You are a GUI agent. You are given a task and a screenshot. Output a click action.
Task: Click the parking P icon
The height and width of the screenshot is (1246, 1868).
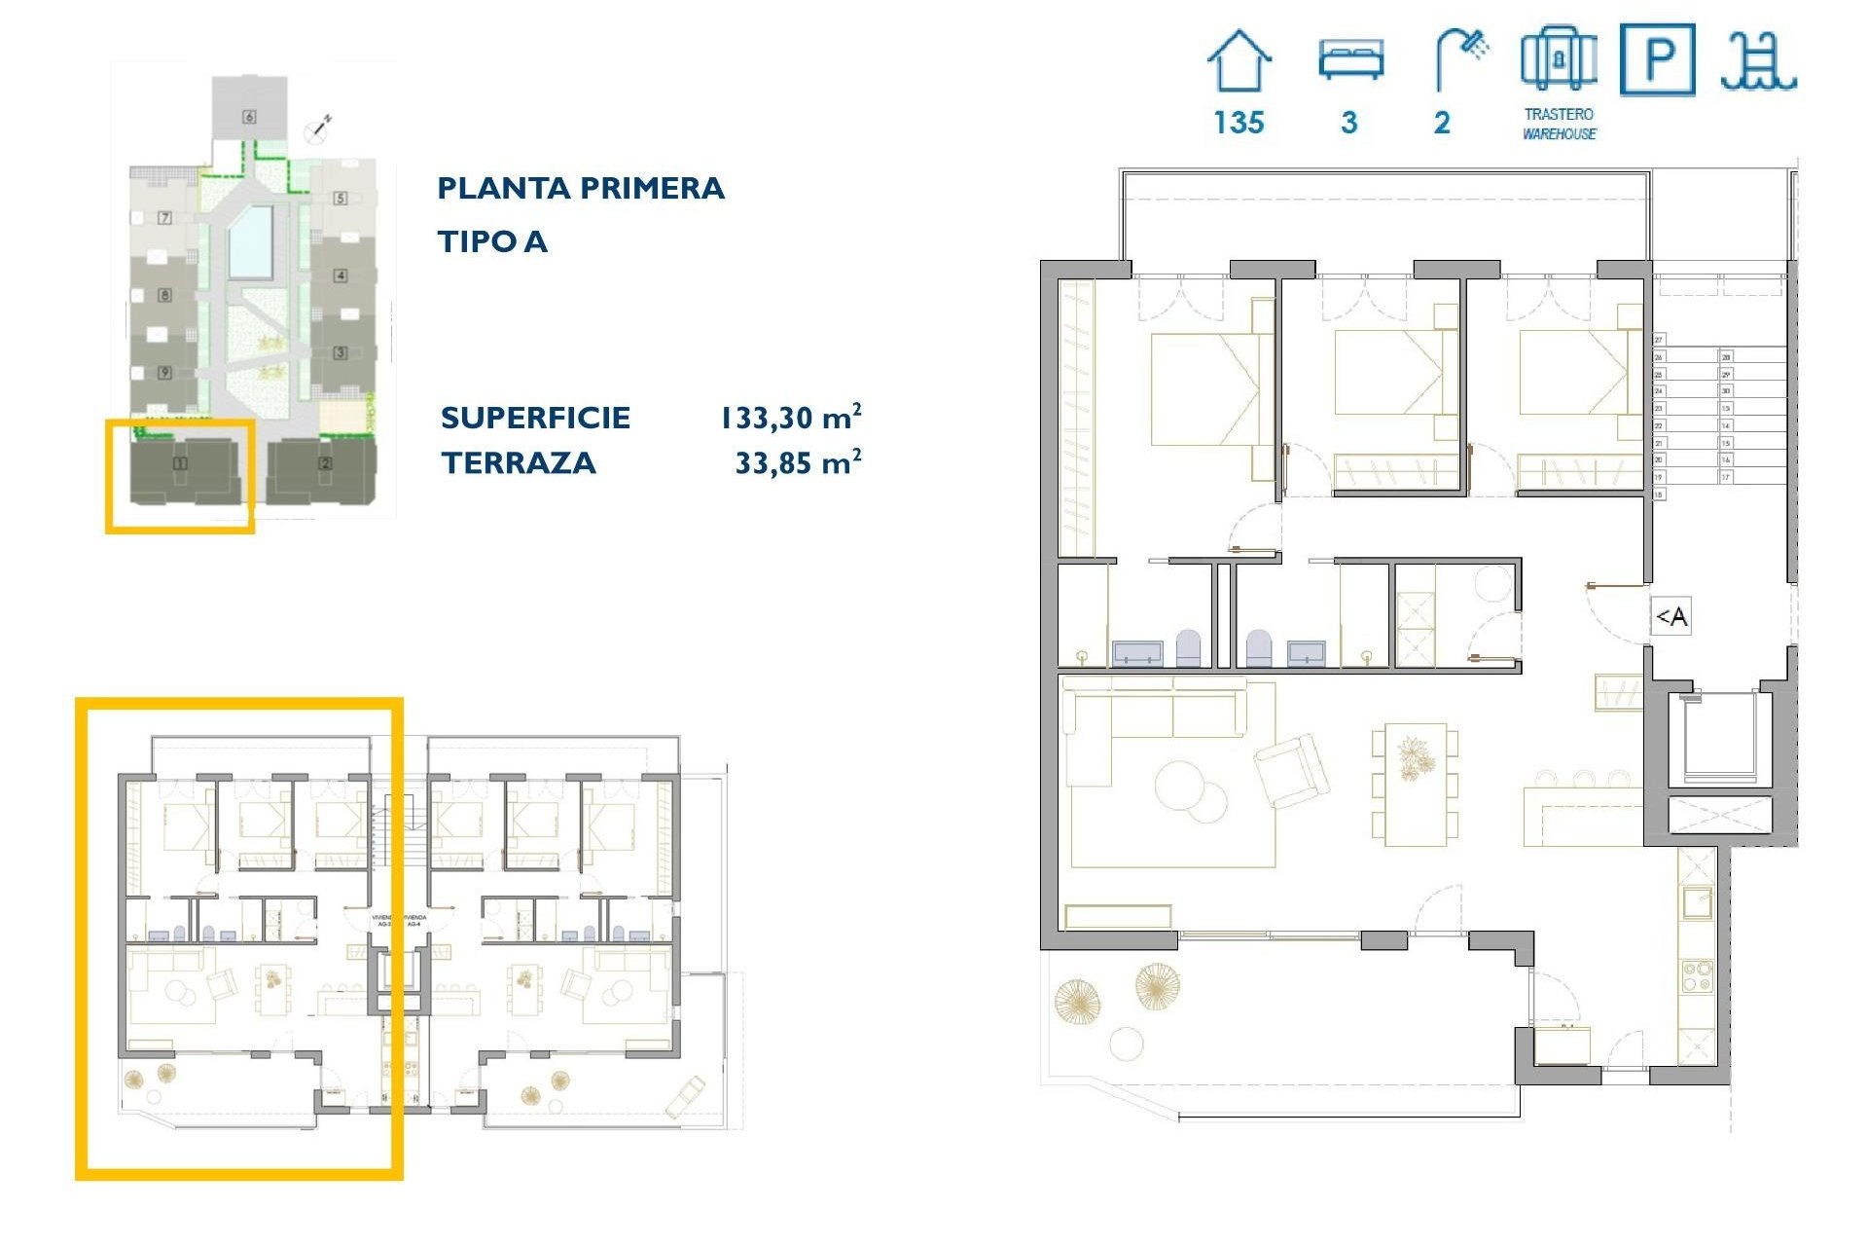tap(1658, 60)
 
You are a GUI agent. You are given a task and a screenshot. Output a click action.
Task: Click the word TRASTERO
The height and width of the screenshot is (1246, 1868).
tap(1559, 114)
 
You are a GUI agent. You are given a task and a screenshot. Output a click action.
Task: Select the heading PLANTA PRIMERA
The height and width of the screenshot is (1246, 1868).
tap(581, 188)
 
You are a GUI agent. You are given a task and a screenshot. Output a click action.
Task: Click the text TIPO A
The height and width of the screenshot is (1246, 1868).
tap(492, 241)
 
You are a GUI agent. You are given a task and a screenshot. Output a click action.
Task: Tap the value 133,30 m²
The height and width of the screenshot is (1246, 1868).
tap(790, 418)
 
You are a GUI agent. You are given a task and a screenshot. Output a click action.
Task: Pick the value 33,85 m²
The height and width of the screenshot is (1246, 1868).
tap(798, 462)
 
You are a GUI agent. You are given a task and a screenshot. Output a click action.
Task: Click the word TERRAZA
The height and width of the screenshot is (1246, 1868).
tap(519, 462)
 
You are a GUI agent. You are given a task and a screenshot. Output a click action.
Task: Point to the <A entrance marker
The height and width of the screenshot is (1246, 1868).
tap(1671, 616)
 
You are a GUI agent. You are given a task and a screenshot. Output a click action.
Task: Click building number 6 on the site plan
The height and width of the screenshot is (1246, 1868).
tap(249, 117)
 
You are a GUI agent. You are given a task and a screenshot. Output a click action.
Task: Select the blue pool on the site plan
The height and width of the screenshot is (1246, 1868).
tap(250, 242)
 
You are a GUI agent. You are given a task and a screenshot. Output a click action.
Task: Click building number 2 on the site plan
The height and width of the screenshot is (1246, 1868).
tap(326, 463)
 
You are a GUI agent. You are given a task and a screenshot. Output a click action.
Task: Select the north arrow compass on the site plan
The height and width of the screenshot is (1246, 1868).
tap(319, 127)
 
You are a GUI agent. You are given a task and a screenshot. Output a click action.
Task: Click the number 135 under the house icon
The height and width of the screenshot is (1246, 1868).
tap(1239, 123)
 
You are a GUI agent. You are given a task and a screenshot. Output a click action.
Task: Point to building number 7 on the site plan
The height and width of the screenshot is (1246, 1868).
tap(164, 218)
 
